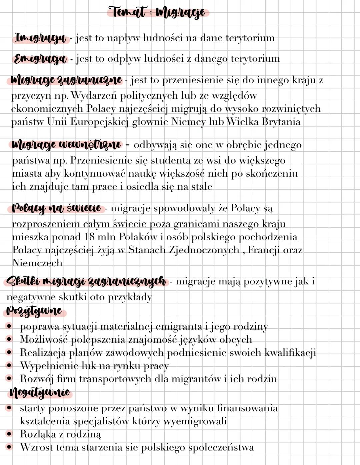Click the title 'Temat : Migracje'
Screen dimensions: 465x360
pos(158,13)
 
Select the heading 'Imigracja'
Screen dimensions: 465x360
pos(41,38)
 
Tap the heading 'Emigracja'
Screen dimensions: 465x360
pos(40,59)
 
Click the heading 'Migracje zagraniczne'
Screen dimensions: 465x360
pos(66,80)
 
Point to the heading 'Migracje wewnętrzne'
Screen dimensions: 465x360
pos(66,145)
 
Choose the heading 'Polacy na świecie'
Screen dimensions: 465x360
pos(56,208)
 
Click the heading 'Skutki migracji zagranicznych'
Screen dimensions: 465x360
pos(86,281)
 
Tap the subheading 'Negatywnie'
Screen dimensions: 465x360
pos(40,392)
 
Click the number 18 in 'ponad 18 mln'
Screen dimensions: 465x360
pos(90,237)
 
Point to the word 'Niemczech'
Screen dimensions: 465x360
pos(37,263)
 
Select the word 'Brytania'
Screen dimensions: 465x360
pos(281,122)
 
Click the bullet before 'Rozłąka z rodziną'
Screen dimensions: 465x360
pos(9,434)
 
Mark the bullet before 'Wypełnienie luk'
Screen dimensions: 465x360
pos(9,366)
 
